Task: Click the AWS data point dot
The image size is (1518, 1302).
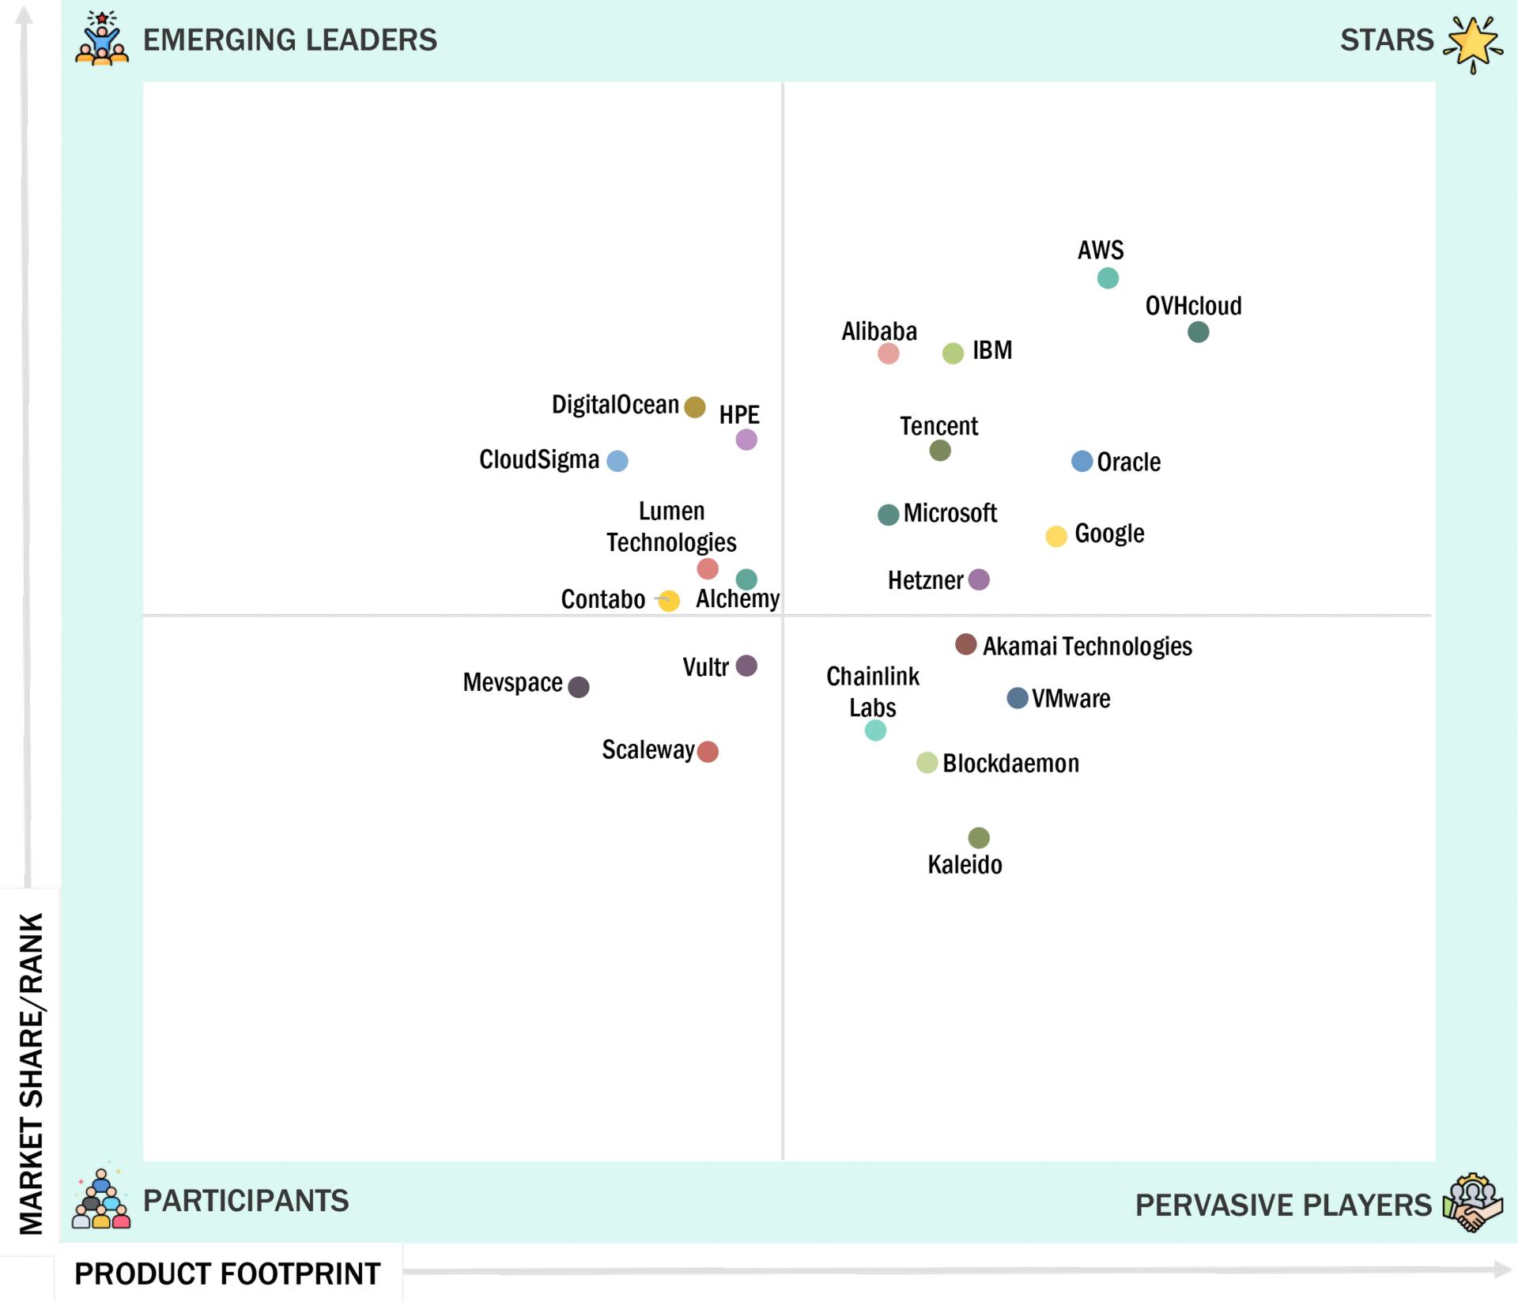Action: coord(1108,278)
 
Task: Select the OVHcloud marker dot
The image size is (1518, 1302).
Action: coord(1198,332)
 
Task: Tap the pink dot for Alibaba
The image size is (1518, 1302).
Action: coord(888,353)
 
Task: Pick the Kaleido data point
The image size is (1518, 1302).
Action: coord(979,838)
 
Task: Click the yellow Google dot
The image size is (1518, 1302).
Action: coord(1056,536)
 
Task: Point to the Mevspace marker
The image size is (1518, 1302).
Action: coord(579,687)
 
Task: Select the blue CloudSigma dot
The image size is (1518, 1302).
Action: coord(617,461)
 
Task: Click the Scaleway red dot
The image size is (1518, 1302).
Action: coord(708,752)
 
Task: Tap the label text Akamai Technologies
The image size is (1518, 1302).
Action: coord(1087,647)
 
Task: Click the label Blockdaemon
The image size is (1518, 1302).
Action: coord(1010,764)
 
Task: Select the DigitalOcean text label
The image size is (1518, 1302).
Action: coord(615,405)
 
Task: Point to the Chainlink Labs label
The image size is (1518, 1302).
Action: coord(873,692)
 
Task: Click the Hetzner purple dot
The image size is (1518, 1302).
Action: coord(979,579)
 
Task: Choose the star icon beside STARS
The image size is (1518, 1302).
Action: coord(1472,43)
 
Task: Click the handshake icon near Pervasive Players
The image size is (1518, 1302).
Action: coord(1472,1203)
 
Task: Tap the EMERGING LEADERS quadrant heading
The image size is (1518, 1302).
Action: coord(289,40)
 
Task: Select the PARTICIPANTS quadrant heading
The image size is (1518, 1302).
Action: coord(245,1201)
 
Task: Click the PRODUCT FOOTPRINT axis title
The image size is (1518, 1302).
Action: coord(228,1274)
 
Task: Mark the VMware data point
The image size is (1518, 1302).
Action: coord(1017,698)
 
